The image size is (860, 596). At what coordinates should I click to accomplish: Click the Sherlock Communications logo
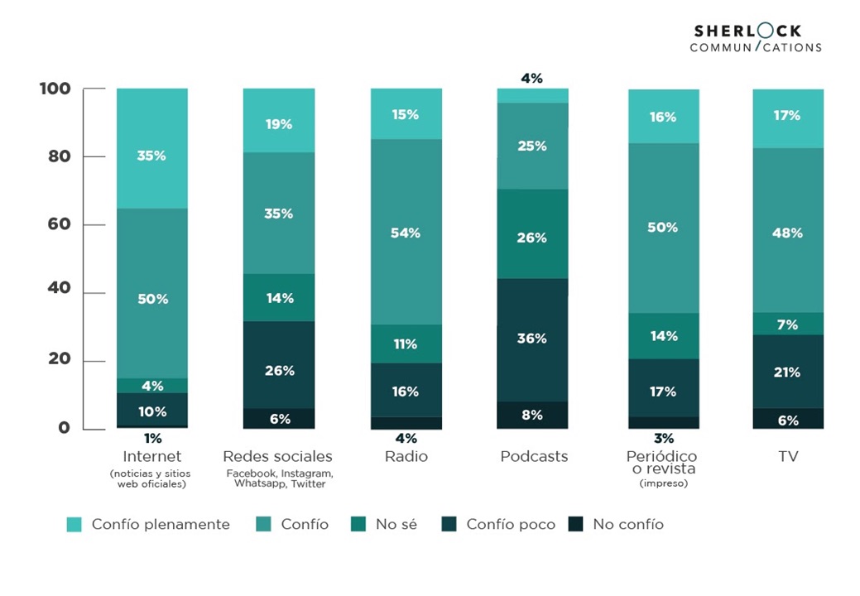click(x=755, y=38)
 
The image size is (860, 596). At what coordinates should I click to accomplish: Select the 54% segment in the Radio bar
click(x=406, y=232)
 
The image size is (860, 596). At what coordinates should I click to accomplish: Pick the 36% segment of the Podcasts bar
click(x=532, y=339)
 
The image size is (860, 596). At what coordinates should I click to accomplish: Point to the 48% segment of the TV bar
click(x=787, y=233)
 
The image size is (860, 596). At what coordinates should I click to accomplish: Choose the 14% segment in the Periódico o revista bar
click(x=664, y=336)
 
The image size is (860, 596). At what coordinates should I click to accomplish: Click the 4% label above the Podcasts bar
click(x=531, y=79)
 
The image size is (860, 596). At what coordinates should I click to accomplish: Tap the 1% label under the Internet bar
click(x=152, y=438)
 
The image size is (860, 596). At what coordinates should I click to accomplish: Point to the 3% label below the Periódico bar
click(x=664, y=438)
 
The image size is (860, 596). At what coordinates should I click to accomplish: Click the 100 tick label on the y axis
click(x=55, y=89)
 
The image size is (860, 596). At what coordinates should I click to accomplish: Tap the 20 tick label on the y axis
click(x=57, y=360)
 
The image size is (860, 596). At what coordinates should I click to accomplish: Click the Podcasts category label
click(x=534, y=457)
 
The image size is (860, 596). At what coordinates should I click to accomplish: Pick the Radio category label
click(x=406, y=457)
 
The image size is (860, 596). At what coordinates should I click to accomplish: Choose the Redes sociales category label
click(x=278, y=457)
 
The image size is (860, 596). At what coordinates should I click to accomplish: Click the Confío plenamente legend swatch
click(x=74, y=524)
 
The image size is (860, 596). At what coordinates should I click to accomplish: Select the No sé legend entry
click(x=386, y=524)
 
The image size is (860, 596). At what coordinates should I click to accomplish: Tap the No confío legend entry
click(x=617, y=524)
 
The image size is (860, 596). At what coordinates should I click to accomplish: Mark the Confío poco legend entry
click(x=500, y=524)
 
